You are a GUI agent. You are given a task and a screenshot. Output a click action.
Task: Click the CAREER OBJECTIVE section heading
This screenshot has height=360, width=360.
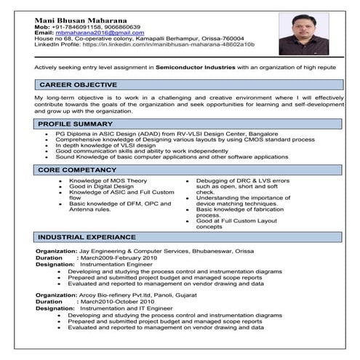(78, 85)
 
